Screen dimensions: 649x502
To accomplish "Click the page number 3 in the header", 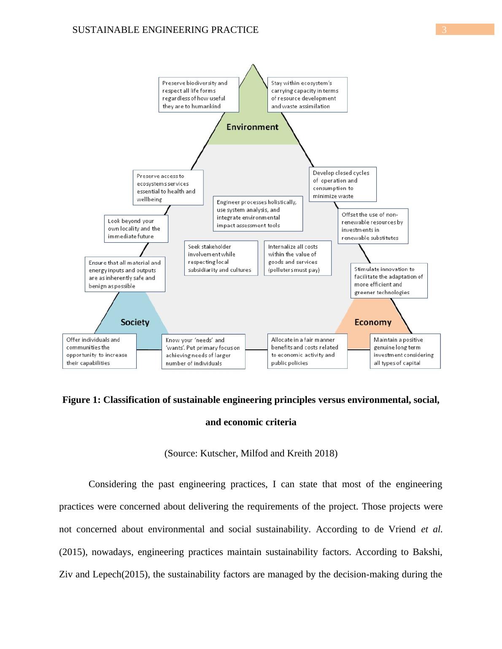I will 444,30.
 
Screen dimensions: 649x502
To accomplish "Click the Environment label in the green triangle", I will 252,127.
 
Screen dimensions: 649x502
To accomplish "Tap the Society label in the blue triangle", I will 135,322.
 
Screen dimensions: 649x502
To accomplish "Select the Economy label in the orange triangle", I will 373,322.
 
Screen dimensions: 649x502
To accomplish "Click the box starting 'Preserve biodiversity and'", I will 199,94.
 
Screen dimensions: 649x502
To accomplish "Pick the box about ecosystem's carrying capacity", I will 307,94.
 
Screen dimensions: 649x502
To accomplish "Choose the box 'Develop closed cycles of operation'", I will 343,184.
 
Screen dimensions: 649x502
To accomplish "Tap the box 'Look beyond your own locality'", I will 136,228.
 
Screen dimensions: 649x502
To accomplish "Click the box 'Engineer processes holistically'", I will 258,214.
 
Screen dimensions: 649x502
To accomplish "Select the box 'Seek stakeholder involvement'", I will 221,258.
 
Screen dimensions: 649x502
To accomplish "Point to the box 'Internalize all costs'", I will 297,258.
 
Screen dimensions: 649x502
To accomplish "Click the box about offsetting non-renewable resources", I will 373,226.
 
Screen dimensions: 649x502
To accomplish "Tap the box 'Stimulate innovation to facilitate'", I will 389,281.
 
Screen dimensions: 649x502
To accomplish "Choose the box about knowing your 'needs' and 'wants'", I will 203,351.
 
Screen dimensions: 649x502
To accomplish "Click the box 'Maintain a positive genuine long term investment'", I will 405,351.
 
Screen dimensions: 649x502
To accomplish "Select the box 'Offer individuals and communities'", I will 99,351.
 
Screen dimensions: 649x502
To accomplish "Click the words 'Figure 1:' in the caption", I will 81,400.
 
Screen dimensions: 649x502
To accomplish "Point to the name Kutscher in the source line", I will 219,453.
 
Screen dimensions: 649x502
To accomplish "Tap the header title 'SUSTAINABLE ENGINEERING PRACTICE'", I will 165,30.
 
